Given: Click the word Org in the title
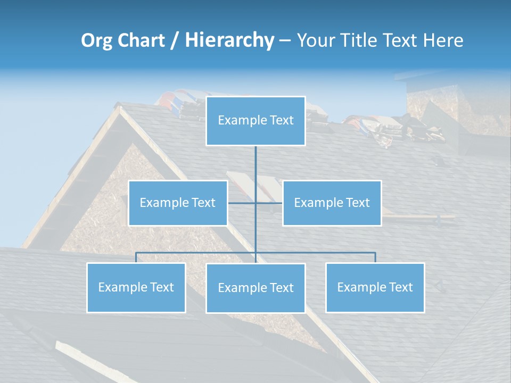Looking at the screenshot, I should pos(96,40).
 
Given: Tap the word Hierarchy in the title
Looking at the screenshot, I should pos(229,40).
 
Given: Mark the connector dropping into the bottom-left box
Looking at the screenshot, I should pos(136,257).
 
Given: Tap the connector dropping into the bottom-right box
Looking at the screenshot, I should pos(375,257).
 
